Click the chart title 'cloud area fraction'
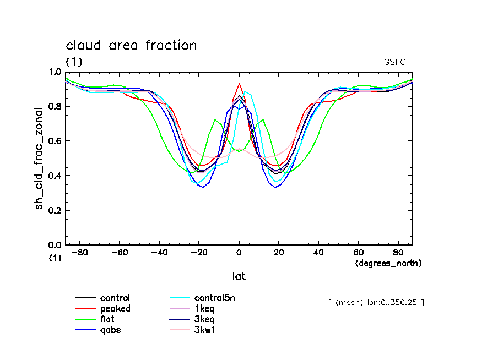click(131, 45)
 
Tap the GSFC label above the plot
click(394, 62)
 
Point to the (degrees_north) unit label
click(388, 263)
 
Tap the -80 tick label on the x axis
click(80, 253)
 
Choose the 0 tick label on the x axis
click(239, 253)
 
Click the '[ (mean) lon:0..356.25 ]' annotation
click(376, 302)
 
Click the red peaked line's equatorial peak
click(239, 84)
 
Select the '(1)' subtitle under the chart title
click(74, 62)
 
